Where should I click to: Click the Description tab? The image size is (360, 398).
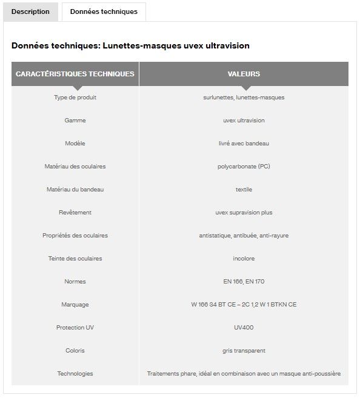point(30,12)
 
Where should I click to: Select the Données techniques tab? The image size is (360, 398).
point(104,12)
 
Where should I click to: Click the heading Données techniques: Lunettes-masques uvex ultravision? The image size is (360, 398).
point(130,45)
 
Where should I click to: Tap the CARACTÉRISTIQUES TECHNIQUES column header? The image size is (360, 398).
point(75,74)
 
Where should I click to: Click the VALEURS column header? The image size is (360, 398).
point(244,74)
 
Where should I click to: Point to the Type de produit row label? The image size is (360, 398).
point(75,98)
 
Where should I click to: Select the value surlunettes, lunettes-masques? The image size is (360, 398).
point(244,98)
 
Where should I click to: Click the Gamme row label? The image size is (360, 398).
point(75,121)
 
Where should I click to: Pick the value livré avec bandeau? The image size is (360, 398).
point(244,144)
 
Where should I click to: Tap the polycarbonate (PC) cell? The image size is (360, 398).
point(244,167)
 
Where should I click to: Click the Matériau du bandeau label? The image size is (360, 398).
point(75,190)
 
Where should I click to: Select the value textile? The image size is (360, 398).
point(244,190)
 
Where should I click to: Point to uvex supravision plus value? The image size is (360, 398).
point(244,213)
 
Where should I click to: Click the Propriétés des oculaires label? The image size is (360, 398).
point(75,236)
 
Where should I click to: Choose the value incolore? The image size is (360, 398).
point(244,259)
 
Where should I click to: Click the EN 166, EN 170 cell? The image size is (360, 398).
point(244,282)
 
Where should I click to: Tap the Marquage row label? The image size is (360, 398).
point(75,305)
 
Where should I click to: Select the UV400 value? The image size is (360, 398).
point(244,328)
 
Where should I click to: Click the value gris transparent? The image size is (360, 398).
point(244,351)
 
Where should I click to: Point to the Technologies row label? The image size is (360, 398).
point(75,374)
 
